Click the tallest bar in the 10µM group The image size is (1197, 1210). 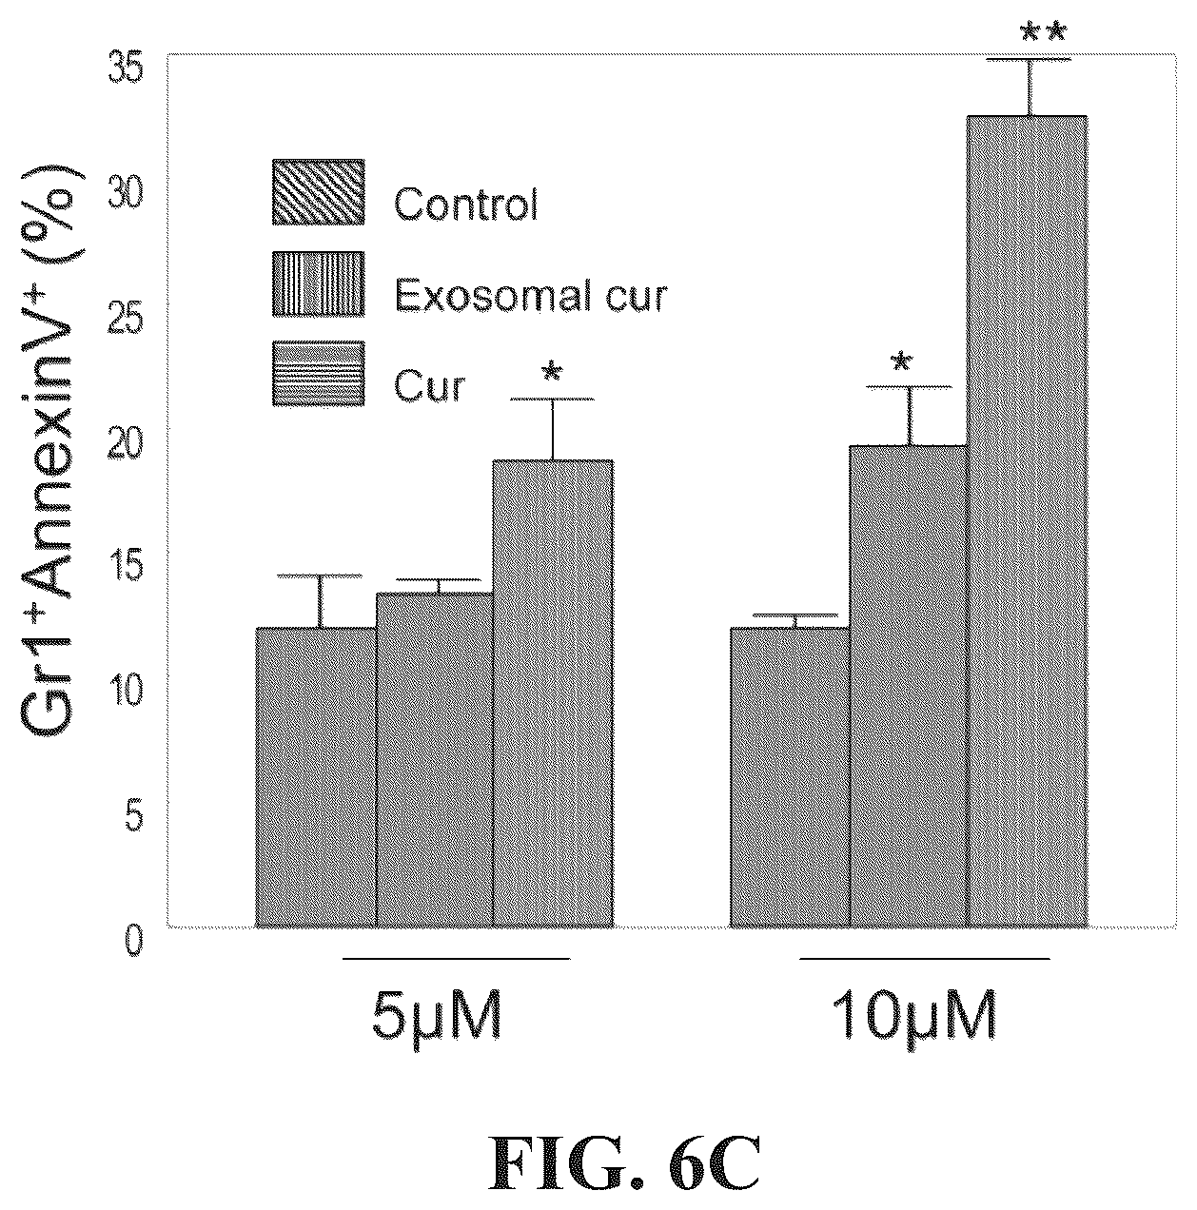click(1026, 522)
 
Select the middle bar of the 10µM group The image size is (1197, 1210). click(908, 686)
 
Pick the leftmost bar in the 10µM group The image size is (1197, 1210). click(790, 777)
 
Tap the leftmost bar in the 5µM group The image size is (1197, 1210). click(316, 777)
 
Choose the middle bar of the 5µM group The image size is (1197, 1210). click(434, 760)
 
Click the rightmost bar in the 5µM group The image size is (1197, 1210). click(553, 693)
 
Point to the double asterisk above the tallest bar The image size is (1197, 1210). click(1043, 32)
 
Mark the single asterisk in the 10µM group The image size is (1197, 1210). click(901, 362)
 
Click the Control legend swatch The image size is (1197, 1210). click(318, 192)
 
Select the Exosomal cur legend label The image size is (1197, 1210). click(530, 296)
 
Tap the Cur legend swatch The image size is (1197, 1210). click(318, 374)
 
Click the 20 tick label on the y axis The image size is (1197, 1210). click(126, 443)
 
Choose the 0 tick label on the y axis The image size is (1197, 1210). click(134, 942)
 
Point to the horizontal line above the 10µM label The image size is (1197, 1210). click(924, 959)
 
